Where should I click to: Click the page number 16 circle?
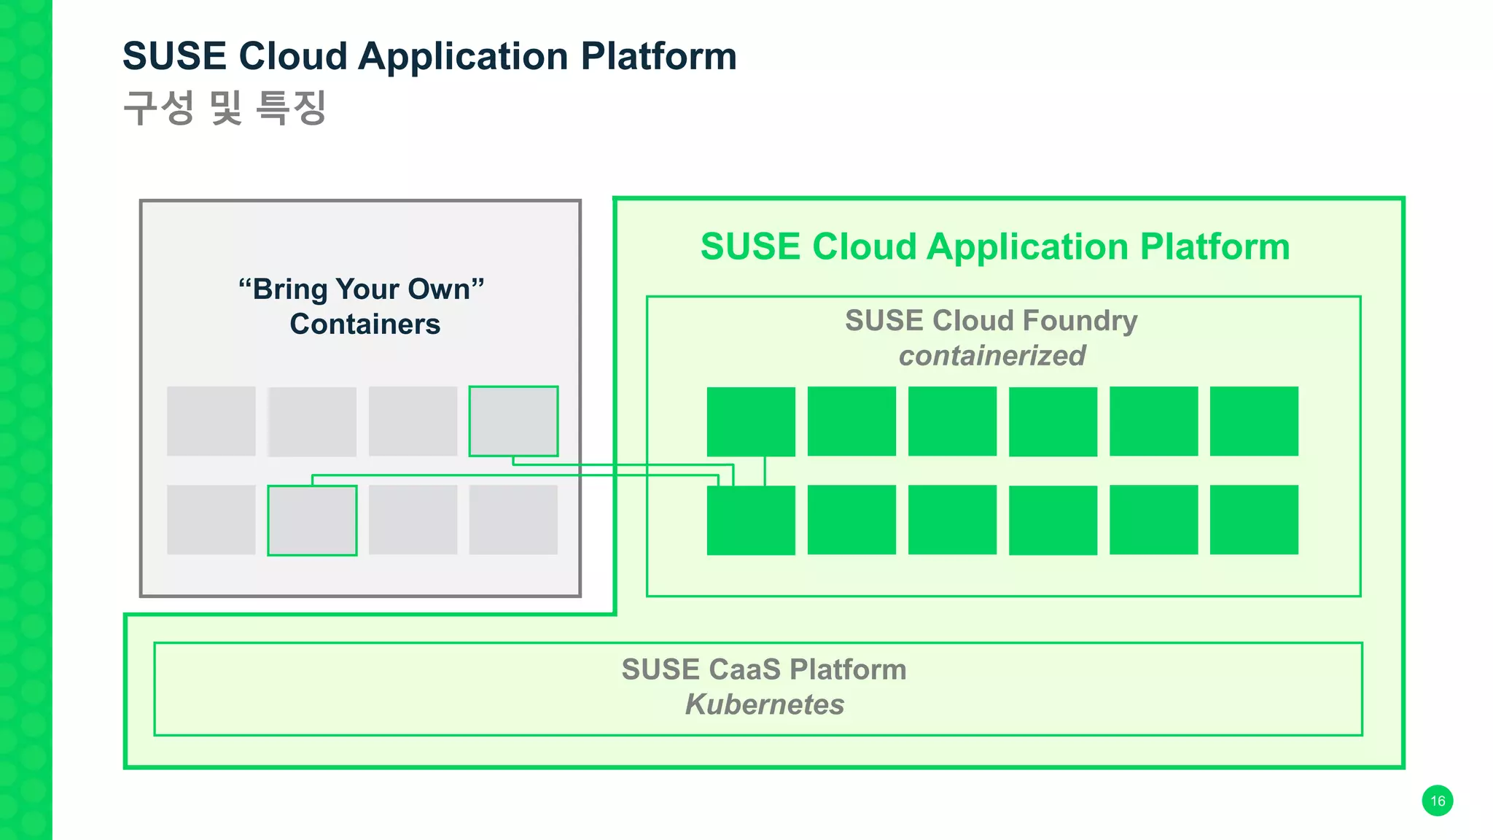click(1437, 801)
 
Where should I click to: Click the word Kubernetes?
click(764, 704)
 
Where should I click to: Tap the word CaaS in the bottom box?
click(744, 669)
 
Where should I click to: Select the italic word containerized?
click(991, 356)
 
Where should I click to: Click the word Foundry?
click(1080, 321)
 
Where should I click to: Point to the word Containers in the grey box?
click(365, 324)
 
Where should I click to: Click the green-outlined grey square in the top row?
click(513, 421)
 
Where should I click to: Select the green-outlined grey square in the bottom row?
click(312, 521)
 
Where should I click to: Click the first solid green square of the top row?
click(751, 421)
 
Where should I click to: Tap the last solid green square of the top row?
click(1254, 421)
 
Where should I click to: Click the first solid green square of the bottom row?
click(751, 521)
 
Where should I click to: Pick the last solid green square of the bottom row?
click(1254, 520)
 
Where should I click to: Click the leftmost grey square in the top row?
click(211, 421)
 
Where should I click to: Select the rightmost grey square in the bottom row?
click(513, 520)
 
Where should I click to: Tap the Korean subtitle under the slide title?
click(225, 108)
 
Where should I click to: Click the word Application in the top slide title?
click(463, 56)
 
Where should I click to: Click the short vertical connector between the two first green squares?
click(765, 471)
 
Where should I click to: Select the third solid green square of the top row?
click(952, 421)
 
